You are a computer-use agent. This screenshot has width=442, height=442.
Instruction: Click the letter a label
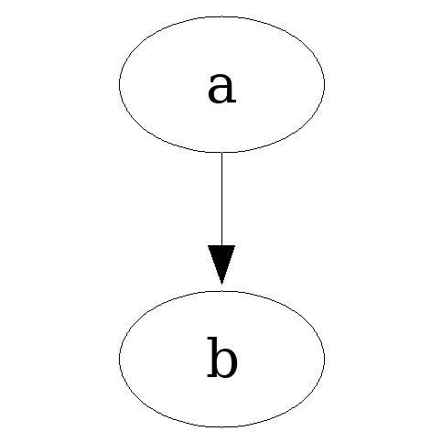(x=221, y=88)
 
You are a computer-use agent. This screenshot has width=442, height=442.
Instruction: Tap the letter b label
(x=221, y=357)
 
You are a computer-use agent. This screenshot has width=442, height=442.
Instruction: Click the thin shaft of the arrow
(x=221, y=199)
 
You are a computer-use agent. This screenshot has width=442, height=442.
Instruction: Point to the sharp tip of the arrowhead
(x=221, y=284)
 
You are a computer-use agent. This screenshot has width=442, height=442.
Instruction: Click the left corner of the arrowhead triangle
(x=208, y=245)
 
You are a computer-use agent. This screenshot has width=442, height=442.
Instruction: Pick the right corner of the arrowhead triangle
(x=235, y=245)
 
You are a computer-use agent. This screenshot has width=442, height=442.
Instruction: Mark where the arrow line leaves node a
(x=221, y=152)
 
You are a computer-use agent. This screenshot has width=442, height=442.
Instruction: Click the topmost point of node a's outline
(x=221, y=16)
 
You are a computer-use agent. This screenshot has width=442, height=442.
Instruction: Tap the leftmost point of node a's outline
(x=119, y=84)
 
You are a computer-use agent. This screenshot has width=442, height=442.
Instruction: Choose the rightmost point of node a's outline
(x=325, y=84)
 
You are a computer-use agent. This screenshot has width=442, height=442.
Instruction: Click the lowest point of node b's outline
(x=221, y=426)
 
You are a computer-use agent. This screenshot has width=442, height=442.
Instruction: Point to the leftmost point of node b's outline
(x=119, y=359)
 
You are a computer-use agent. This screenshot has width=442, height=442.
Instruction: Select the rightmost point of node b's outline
(x=325, y=359)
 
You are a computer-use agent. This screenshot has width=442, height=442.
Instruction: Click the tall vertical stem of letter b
(x=213, y=357)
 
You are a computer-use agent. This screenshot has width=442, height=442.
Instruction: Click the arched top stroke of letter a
(x=221, y=76)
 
